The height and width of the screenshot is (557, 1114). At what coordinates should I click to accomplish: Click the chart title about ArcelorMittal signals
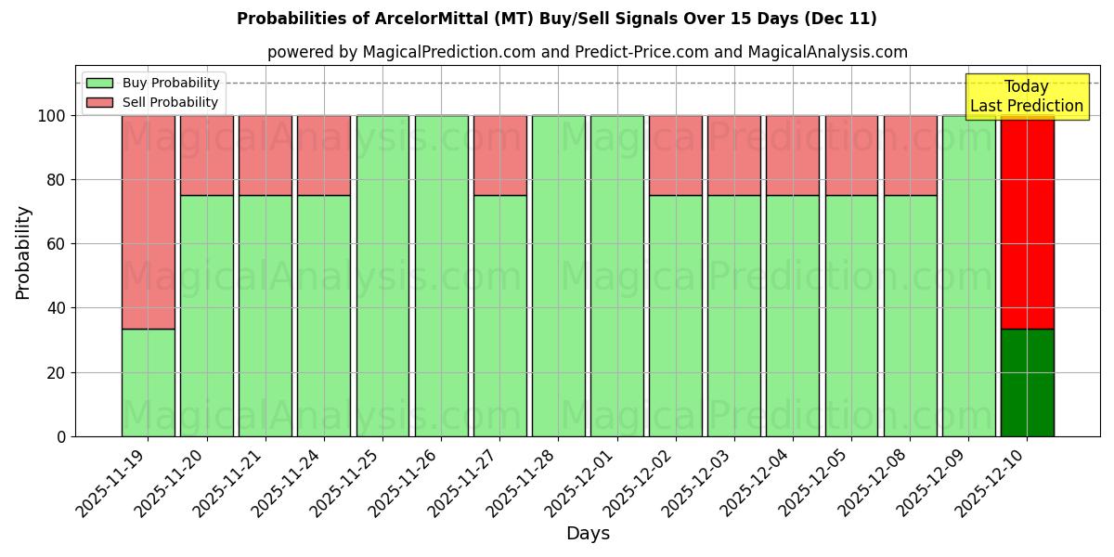556,19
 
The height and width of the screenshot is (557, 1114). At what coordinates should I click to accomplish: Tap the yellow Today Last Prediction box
1026,97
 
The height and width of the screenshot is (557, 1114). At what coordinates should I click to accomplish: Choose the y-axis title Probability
23,253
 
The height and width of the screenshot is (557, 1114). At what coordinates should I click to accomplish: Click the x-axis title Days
588,534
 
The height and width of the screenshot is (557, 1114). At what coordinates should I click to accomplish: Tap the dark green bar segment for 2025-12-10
1027,382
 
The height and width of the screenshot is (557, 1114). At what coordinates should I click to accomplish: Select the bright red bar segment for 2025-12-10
1027,222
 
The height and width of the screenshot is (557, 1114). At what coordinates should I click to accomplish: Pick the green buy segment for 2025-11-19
149,382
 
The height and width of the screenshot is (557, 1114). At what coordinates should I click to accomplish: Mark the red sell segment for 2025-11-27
500,155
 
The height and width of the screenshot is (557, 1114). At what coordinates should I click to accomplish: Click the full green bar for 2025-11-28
559,276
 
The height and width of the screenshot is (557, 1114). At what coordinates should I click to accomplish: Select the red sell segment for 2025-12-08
910,155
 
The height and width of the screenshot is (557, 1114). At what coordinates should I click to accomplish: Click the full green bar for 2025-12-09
968,276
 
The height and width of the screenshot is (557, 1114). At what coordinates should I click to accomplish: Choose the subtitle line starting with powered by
587,52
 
